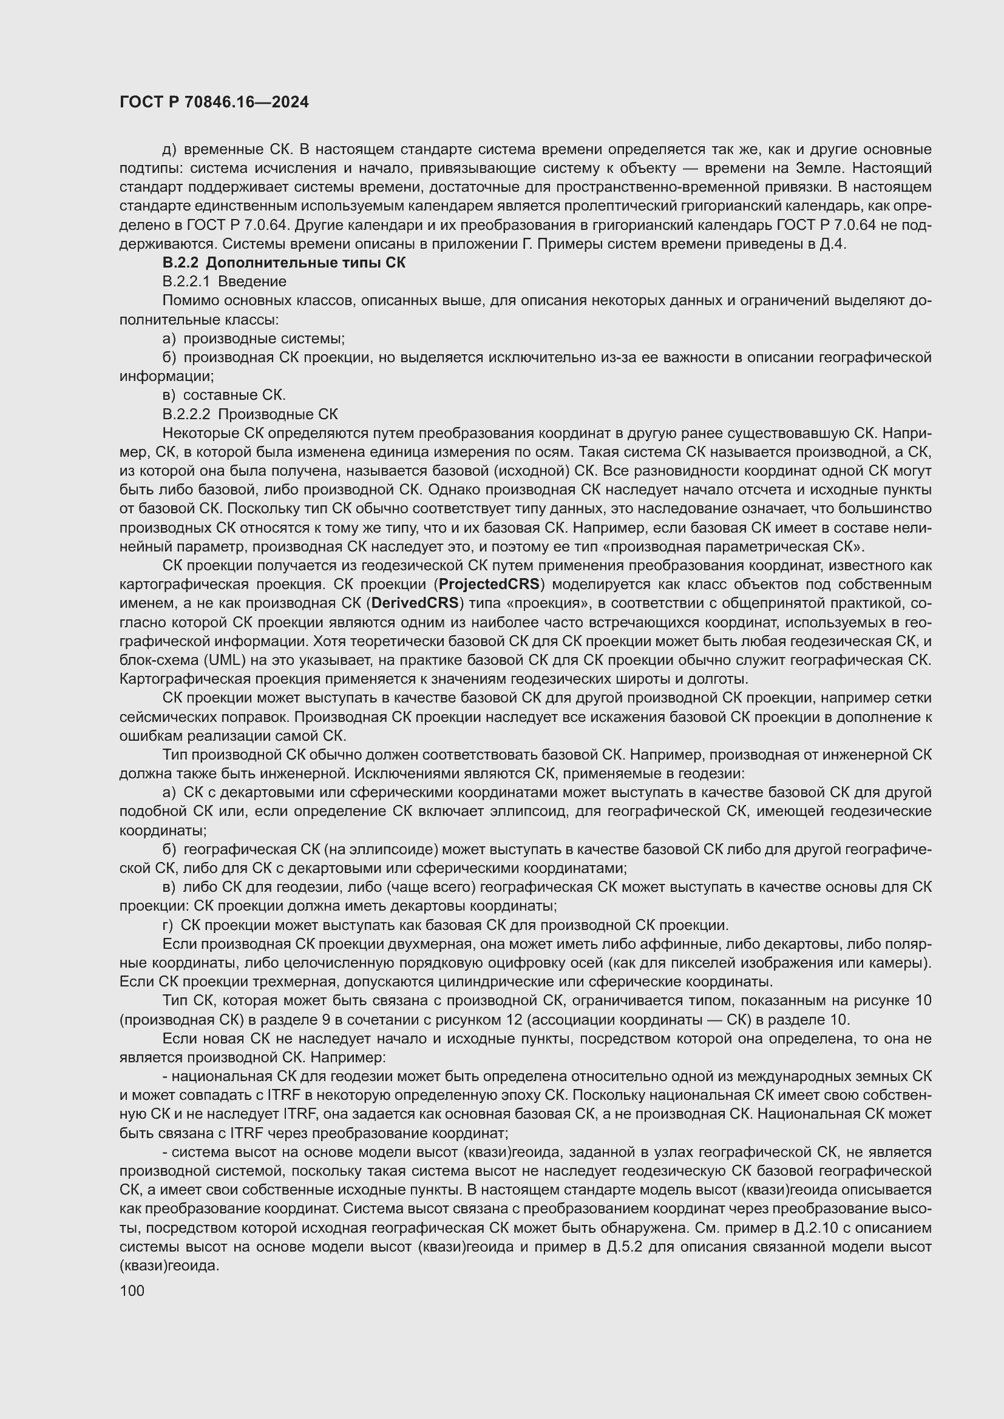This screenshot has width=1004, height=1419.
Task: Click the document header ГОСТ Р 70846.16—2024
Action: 214,103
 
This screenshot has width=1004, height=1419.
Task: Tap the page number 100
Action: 132,1290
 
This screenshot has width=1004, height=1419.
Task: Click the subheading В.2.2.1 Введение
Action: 224,282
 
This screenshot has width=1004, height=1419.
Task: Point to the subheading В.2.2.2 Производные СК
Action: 249,414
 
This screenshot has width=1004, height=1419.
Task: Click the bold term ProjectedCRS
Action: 489,585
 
